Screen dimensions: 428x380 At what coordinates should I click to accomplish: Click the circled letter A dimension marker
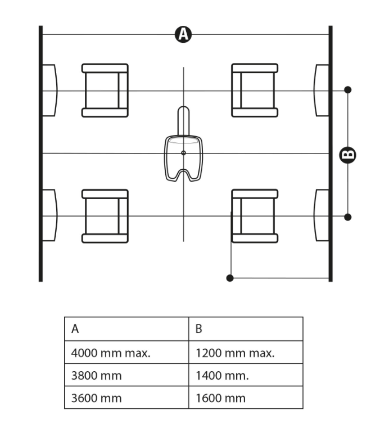[183, 34]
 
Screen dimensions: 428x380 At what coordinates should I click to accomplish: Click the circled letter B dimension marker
[348, 154]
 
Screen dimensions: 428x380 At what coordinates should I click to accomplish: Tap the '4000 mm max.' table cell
[126, 353]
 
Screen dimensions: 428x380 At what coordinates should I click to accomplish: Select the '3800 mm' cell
[126, 375]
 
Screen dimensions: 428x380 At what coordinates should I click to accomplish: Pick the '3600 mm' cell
[126, 398]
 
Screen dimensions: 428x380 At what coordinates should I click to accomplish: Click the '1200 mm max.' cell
[246, 353]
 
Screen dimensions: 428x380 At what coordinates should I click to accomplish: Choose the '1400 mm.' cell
[246, 375]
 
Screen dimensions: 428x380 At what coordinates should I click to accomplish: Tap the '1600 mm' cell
[246, 398]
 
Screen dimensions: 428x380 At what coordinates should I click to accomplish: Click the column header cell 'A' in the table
[126, 330]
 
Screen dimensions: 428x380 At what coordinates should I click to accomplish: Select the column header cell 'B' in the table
[246, 330]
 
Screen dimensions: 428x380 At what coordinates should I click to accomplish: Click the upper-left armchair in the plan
[105, 90]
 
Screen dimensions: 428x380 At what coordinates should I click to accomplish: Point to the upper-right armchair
[255, 90]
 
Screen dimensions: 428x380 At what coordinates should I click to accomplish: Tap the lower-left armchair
[105, 216]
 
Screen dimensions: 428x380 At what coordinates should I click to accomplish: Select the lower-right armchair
[255, 216]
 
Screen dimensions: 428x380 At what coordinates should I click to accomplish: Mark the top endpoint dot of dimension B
[348, 89]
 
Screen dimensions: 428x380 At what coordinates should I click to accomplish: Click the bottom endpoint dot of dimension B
[348, 217]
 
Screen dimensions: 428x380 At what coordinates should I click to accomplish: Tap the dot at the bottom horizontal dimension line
[229, 278]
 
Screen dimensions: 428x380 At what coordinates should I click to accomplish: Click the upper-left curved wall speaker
[49, 90]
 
